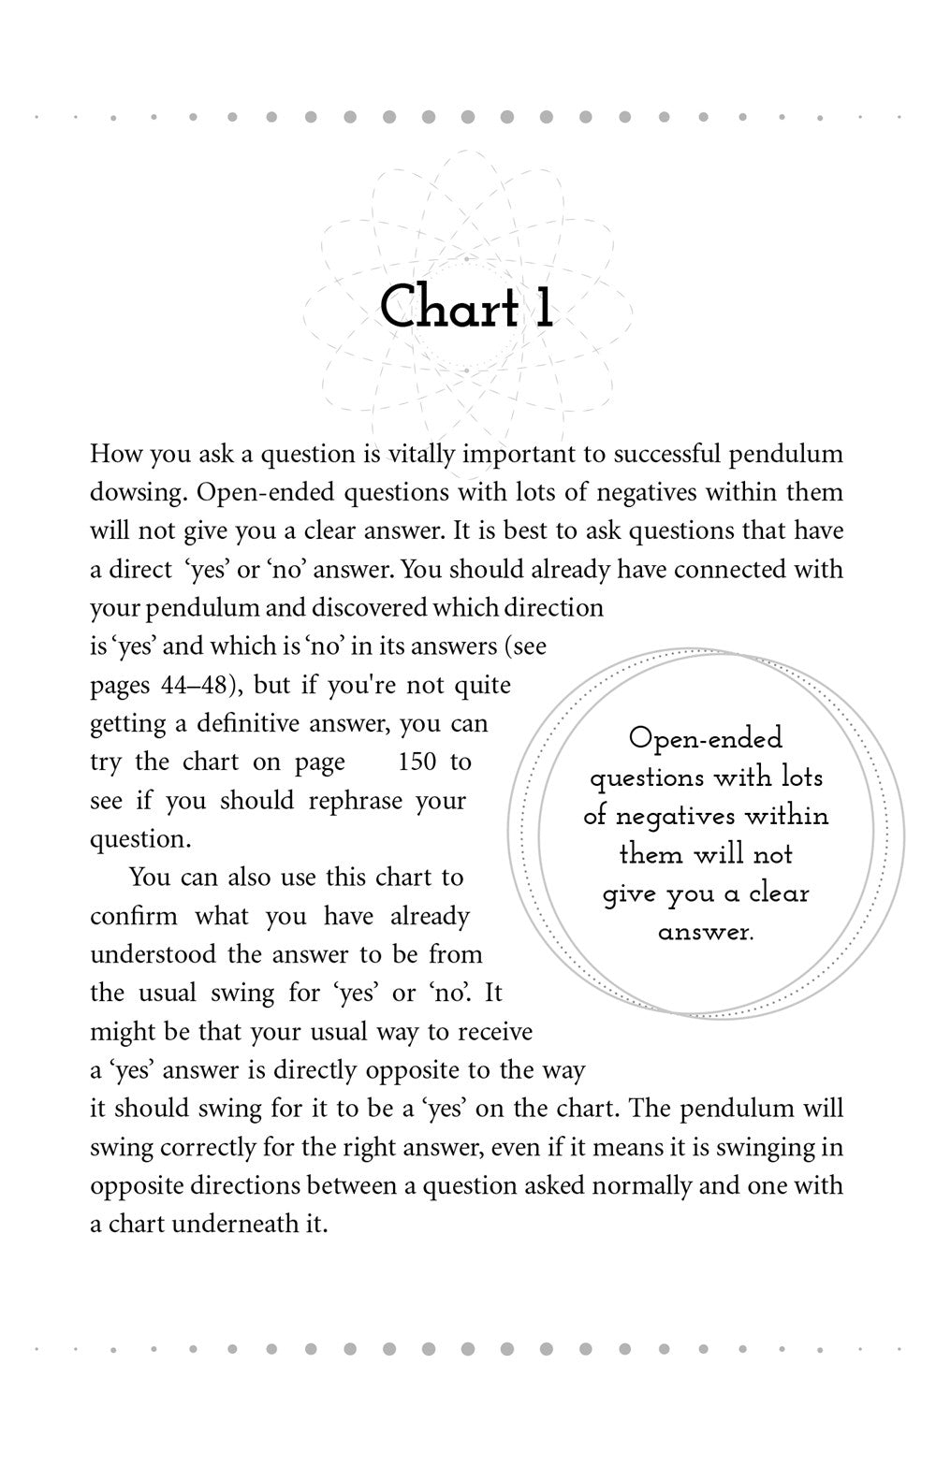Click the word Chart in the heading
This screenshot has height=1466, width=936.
tap(449, 308)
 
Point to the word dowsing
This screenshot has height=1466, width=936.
tap(137, 492)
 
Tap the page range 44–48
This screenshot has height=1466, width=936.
tap(197, 684)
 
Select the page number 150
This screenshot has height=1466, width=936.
tap(417, 762)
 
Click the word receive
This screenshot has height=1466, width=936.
tap(491, 1031)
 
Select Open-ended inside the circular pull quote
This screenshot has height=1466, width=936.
tap(706, 738)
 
